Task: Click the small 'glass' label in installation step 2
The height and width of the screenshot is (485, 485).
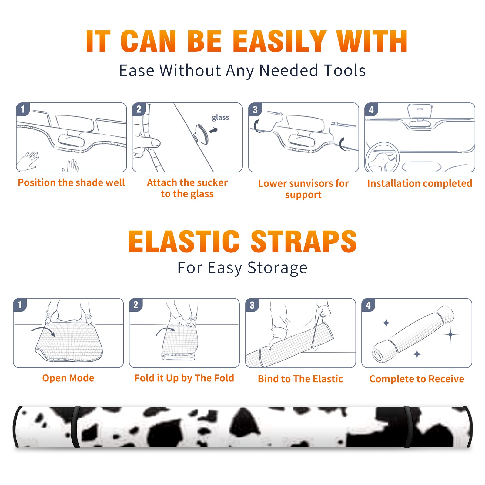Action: click(220, 118)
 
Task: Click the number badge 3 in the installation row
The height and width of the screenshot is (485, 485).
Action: click(255, 110)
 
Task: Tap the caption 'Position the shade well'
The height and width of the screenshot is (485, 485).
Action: click(71, 182)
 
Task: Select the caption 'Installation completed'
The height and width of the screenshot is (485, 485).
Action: click(420, 183)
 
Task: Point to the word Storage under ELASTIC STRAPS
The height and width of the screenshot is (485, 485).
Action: click(277, 268)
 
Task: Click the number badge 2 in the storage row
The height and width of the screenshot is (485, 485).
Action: click(135, 305)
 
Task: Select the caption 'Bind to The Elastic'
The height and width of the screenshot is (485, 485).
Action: click(300, 379)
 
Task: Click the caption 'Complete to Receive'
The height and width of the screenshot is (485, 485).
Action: click(416, 379)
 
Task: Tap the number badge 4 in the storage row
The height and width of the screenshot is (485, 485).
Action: click(368, 305)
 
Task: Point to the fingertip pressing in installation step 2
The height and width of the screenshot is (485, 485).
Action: click(156, 142)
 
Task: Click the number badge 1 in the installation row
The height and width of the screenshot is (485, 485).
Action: click(23, 109)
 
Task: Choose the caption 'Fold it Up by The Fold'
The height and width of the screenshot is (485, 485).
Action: click(184, 378)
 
